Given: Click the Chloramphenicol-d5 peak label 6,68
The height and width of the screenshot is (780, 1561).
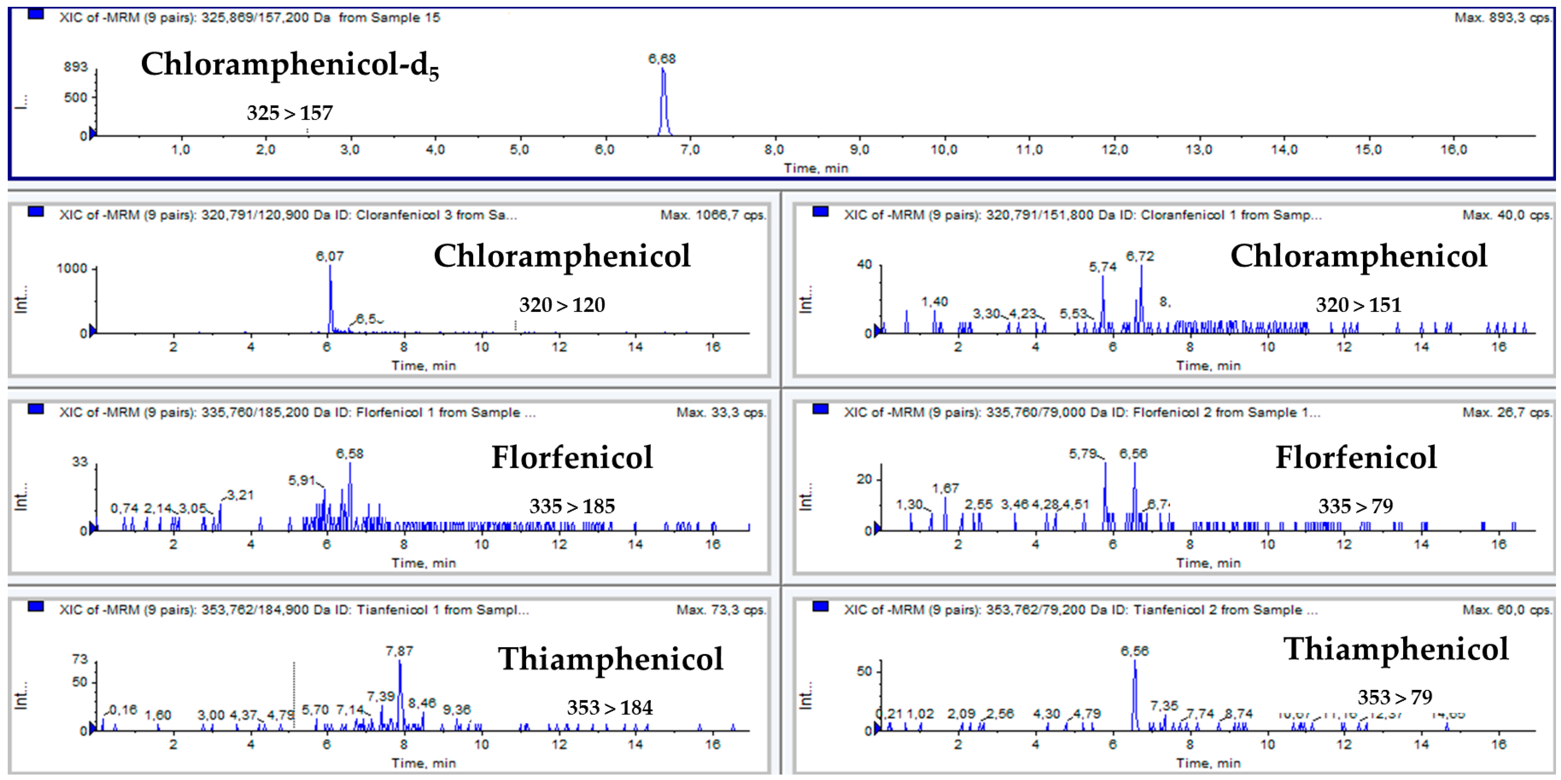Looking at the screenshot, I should pyautogui.click(x=661, y=59).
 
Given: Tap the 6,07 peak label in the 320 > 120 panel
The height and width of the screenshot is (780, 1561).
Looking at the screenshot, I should pyautogui.click(x=329, y=256).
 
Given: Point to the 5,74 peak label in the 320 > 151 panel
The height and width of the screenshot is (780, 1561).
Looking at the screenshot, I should pyautogui.click(x=1102, y=267).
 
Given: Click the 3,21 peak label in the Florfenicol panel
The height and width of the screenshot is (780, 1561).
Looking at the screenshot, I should pyautogui.click(x=240, y=495).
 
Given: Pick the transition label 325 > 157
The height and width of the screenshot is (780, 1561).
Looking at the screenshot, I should pyautogui.click(x=289, y=113).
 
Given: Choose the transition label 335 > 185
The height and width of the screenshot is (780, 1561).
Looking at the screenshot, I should pyautogui.click(x=572, y=506).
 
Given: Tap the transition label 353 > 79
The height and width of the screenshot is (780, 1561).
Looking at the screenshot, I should pyautogui.click(x=1394, y=697).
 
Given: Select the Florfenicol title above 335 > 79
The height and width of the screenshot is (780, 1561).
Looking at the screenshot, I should pyautogui.click(x=1356, y=457).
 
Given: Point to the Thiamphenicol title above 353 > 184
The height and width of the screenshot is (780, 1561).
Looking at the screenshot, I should pyautogui.click(x=610, y=659).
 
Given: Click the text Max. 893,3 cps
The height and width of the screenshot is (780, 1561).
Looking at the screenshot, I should pyautogui.click(x=1502, y=18).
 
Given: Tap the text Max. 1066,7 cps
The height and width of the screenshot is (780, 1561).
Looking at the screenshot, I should pyautogui.click(x=713, y=215).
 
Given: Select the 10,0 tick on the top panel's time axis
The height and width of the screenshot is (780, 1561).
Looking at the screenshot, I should pyautogui.click(x=943, y=150).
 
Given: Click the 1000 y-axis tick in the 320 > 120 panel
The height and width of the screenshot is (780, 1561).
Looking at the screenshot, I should pyautogui.click(x=72, y=268).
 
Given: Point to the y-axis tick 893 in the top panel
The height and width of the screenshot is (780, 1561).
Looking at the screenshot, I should pyautogui.click(x=76, y=66).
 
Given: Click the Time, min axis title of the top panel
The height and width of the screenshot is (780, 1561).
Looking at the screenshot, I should pyautogui.click(x=816, y=168).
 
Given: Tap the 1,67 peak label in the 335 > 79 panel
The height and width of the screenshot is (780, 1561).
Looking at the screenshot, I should pyautogui.click(x=945, y=488).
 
